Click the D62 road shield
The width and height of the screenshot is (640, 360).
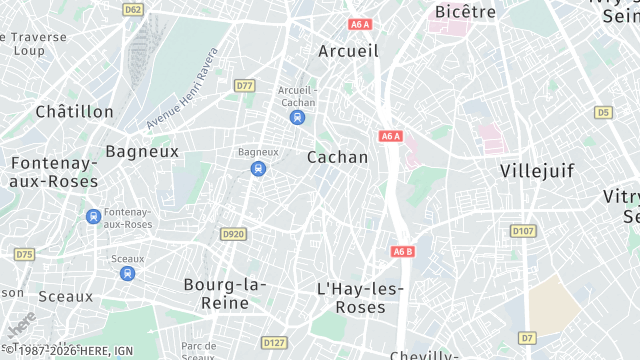[133, 9]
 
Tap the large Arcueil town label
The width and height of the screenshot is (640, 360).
[348, 50]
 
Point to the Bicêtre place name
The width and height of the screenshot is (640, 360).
[465, 12]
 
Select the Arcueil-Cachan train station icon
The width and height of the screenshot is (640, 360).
[297, 117]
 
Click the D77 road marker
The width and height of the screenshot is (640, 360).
[245, 86]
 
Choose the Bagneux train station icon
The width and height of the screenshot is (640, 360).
[258, 168]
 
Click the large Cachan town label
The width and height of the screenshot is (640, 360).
[337, 157]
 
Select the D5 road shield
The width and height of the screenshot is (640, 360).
[602, 112]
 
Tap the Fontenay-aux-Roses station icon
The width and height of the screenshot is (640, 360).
[93, 216]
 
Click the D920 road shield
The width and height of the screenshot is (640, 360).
[233, 234]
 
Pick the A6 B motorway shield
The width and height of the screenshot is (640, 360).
[402, 251]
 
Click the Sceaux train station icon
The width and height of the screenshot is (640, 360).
[126, 272]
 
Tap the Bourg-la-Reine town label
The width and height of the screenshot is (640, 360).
[224, 293]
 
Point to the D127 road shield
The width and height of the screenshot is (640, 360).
[274, 342]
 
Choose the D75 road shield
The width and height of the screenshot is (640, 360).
[25, 255]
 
